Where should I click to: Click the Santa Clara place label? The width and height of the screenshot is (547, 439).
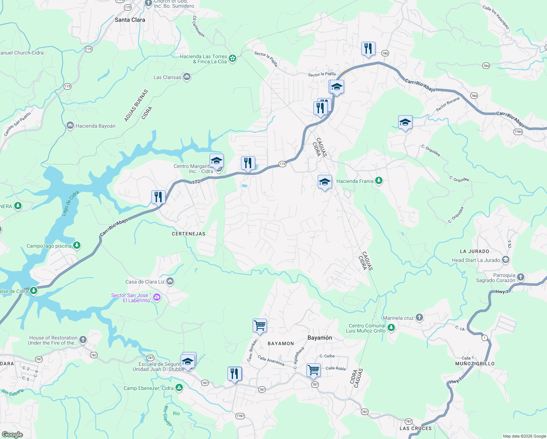[x=130, y=20]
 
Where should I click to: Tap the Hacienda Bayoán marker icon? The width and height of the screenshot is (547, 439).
[x=70, y=125]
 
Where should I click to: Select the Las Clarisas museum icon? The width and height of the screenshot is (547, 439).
[x=187, y=77]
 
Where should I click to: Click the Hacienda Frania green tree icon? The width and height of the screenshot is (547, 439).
[x=379, y=181]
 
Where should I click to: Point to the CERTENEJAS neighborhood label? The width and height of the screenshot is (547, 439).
[x=188, y=234]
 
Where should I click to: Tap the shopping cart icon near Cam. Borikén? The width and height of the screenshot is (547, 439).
[x=260, y=325]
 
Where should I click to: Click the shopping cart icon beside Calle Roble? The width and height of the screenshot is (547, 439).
[x=314, y=370]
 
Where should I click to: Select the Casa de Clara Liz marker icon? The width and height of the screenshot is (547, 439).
[x=170, y=281]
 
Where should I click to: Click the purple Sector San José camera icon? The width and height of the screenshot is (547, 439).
[x=157, y=297]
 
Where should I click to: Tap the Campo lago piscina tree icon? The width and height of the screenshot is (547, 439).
[x=77, y=245]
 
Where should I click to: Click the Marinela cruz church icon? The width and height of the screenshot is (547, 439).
[x=419, y=318]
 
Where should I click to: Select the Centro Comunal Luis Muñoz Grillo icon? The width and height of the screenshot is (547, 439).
[x=391, y=327]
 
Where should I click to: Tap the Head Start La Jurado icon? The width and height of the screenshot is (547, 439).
[x=506, y=260]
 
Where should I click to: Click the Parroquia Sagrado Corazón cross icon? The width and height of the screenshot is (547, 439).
[x=521, y=277]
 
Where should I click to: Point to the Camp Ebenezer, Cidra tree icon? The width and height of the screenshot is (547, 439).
[x=179, y=388]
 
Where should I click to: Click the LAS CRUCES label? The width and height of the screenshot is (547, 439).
[x=415, y=428]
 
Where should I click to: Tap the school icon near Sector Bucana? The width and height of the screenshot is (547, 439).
[x=405, y=122]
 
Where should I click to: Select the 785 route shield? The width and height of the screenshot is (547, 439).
[x=385, y=53]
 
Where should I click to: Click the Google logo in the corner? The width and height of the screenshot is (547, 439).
[x=12, y=435]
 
